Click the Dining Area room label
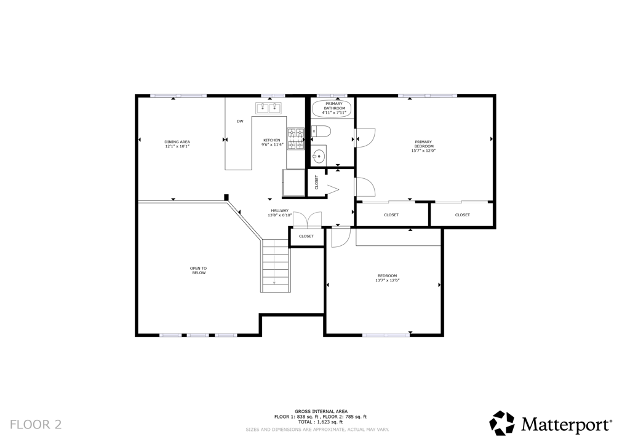coord(177,142)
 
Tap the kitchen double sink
coord(268,108)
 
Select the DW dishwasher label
coord(240,121)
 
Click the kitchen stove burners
coord(295,138)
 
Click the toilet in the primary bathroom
coord(321,131)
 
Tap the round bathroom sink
coord(318,155)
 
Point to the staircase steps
coord(276,264)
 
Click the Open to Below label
coord(198,270)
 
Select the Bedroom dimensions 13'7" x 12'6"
coord(387,280)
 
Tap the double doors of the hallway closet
coord(307,219)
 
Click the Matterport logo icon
coord(501,423)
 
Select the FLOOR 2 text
coord(36,424)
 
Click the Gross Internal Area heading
coord(321,411)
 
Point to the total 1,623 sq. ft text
coord(321,422)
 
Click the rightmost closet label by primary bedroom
coord(462,215)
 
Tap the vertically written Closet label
coord(317,183)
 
